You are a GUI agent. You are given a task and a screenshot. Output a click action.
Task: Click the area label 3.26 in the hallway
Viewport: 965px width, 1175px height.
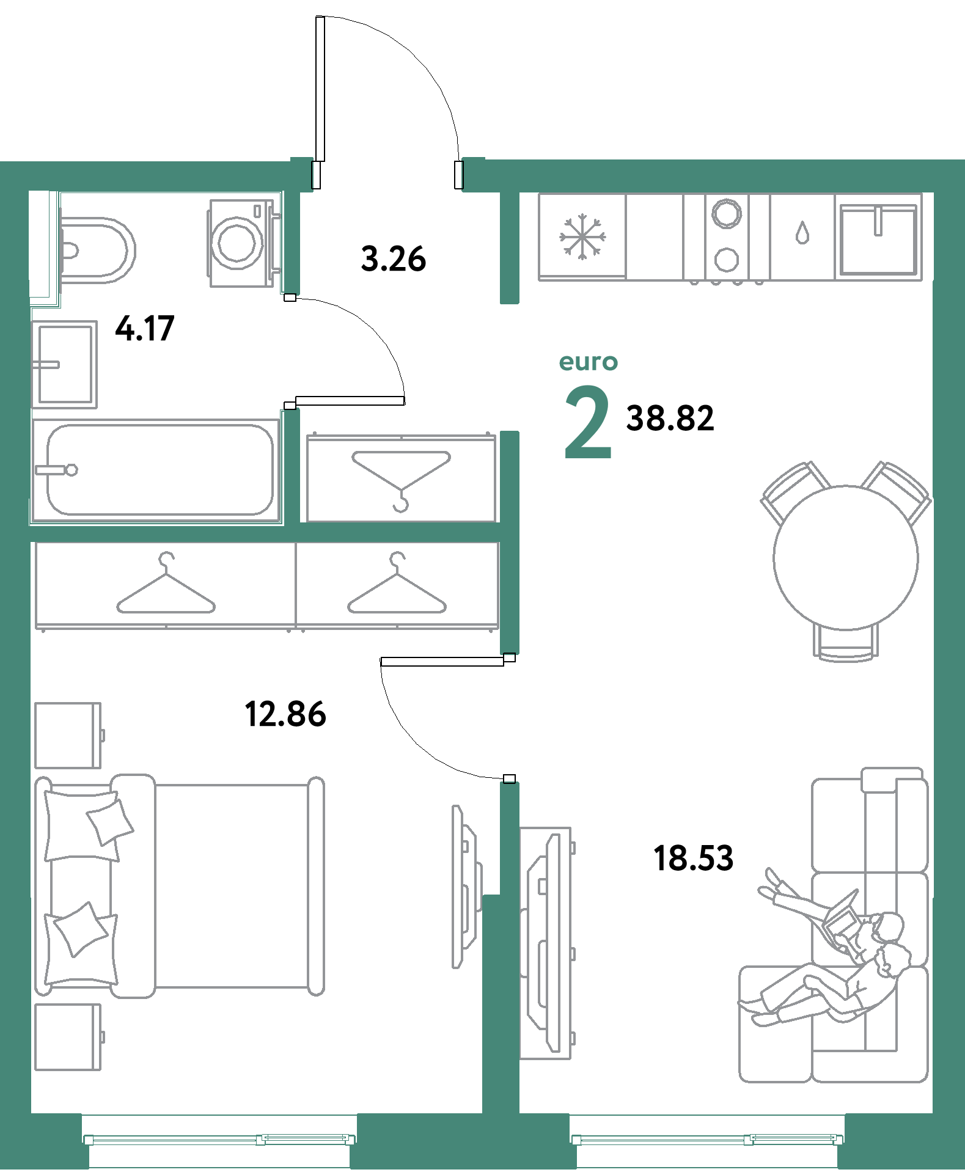pos(394,258)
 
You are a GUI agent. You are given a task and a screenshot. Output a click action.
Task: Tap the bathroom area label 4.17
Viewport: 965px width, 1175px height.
pos(145,328)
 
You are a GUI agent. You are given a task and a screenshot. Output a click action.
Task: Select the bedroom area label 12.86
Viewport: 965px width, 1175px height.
pos(285,714)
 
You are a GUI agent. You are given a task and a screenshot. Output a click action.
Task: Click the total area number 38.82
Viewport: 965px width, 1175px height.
pos(670,419)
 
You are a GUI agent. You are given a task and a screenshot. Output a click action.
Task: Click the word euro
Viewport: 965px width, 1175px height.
pos(589,362)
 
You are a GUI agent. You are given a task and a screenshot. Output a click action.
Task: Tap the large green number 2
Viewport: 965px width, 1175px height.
pos(588,422)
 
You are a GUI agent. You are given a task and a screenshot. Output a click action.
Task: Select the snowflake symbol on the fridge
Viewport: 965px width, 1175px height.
pos(582,236)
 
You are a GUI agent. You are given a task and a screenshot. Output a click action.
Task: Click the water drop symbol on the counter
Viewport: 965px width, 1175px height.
pos(802,233)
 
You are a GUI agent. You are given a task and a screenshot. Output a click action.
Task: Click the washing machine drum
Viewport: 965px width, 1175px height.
pos(237,243)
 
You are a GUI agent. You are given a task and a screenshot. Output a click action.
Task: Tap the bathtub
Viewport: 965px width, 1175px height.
pos(156,470)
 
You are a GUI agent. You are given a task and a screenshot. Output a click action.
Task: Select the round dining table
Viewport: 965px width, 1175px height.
pos(846,557)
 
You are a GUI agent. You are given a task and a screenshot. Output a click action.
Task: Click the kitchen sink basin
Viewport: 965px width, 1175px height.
pos(878,239)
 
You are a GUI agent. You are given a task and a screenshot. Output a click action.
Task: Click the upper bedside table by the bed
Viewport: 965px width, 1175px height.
pos(68,735)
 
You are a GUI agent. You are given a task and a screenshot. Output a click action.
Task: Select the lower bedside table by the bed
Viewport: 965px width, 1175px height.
pos(68,1037)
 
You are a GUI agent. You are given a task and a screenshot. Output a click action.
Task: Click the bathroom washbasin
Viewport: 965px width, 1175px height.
pos(64,364)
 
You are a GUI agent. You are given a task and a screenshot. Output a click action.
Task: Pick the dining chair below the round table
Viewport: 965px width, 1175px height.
pos(846,643)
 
